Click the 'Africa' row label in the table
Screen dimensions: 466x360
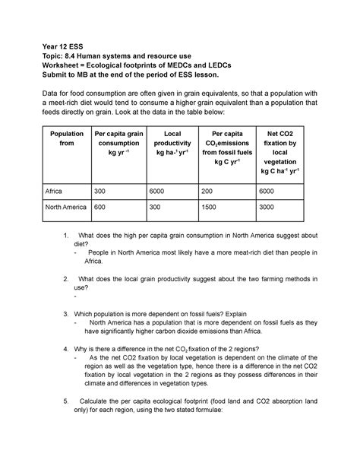[56, 192]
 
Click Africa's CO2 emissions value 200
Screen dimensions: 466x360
[213, 192]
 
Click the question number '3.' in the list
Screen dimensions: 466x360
[68, 312]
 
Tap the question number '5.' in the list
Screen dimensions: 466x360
[68, 400]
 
